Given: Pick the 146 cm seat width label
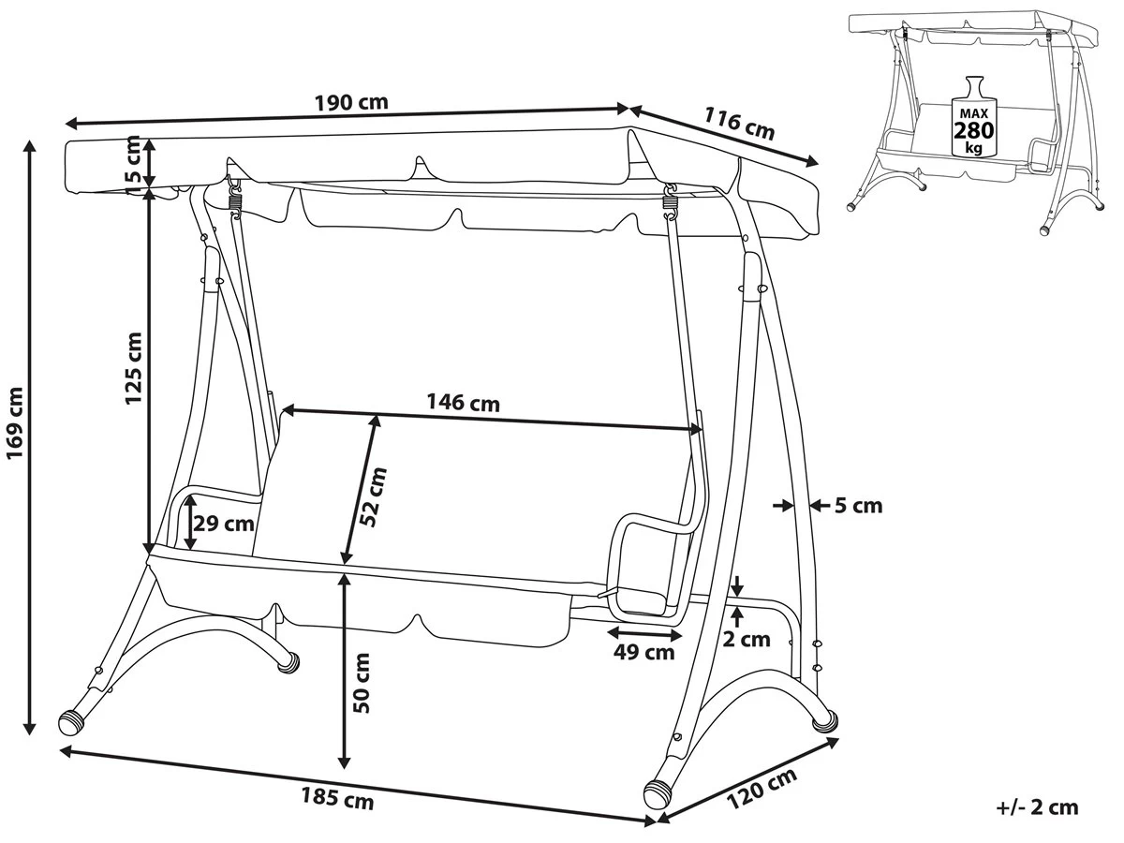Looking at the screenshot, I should click(x=463, y=404).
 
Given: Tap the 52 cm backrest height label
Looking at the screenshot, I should click(x=375, y=496).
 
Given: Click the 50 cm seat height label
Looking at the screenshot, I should click(x=363, y=683).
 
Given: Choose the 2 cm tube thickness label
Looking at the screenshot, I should click(x=748, y=639).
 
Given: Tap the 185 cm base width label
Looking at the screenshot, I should click(x=337, y=799).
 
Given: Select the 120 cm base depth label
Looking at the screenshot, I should click(x=761, y=790).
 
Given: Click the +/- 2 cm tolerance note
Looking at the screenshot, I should click(x=1037, y=807).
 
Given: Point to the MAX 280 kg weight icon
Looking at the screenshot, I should click(x=973, y=116).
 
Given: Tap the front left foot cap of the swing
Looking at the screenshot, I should click(x=72, y=722).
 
